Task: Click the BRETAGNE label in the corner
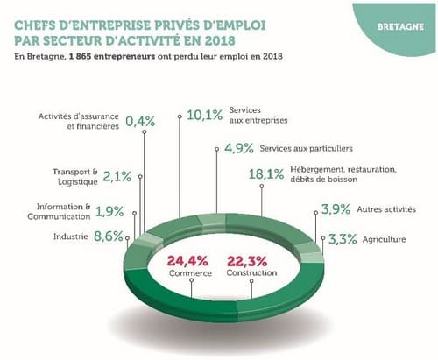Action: click(x=400, y=27)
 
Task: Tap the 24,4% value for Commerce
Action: click(x=187, y=261)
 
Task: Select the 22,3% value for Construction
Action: click(x=247, y=261)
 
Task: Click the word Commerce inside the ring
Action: click(x=190, y=273)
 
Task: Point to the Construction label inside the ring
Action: click(x=251, y=272)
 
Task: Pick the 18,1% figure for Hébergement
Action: click(x=266, y=174)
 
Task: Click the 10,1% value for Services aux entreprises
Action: click(x=205, y=115)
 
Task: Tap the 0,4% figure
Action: click(x=140, y=121)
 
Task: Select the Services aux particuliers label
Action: click(x=307, y=148)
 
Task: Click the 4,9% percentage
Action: click(x=239, y=148)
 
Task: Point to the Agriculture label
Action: click(x=384, y=239)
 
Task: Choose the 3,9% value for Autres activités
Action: click(x=336, y=209)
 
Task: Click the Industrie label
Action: click(x=71, y=236)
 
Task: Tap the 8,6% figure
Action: click(x=109, y=236)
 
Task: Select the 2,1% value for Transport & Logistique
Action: click(x=117, y=176)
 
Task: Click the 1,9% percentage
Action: click(x=109, y=212)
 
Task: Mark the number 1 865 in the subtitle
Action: click(x=80, y=56)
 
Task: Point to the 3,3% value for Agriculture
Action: click(x=343, y=239)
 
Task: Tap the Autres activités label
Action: click(x=386, y=209)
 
